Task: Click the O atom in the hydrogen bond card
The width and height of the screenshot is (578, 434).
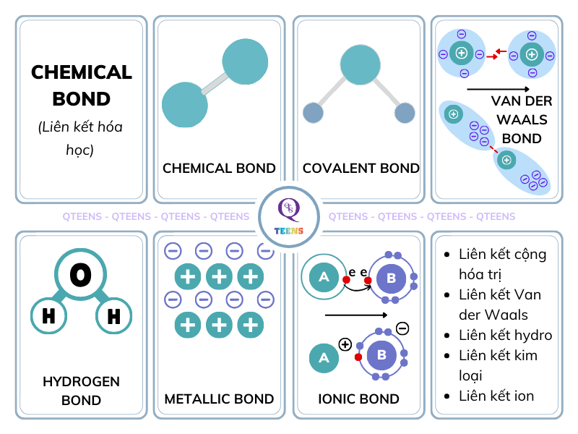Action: [81, 275]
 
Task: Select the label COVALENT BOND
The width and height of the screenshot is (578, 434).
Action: [361, 169]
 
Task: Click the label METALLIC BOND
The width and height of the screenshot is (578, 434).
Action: [219, 399]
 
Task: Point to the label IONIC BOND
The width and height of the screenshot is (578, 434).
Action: [358, 399]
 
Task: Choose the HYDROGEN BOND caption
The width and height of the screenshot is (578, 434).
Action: [81, 391]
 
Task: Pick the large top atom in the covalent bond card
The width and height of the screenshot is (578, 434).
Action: [360, 66]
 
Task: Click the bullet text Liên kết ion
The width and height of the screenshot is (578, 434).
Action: [496, 396]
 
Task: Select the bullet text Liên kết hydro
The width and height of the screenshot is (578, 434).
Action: [505, 335]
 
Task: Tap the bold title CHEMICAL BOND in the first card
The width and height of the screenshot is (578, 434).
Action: [82, 85]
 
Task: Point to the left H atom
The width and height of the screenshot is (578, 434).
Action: [48, 316]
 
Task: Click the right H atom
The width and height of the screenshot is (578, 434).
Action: [114, 316]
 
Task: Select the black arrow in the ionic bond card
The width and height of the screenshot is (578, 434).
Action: [356, 315]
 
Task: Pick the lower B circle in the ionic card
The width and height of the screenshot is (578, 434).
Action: [381, 356]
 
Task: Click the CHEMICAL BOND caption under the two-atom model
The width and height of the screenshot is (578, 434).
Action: [219, 169]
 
